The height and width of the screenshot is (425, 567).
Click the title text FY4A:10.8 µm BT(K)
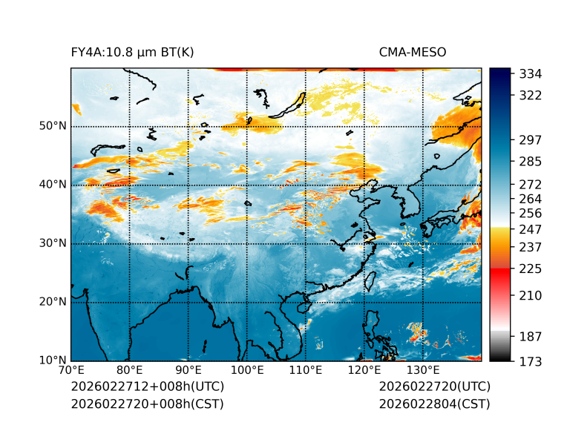tap(132, 53)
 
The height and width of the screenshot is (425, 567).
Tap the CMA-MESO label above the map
tap(411, 53)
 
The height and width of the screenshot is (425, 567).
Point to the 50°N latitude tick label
tap(53, 126)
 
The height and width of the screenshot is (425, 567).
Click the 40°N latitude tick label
tap(53, 185)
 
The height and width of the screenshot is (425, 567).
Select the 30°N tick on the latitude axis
tap(53, 243)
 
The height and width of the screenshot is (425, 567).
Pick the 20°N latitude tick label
tap(53, 302)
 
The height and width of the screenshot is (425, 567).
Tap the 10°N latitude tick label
tap(53, 360)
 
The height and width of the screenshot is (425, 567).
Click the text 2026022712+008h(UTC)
tap(147, 387)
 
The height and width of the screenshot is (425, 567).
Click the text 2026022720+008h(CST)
tap(147, 404)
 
